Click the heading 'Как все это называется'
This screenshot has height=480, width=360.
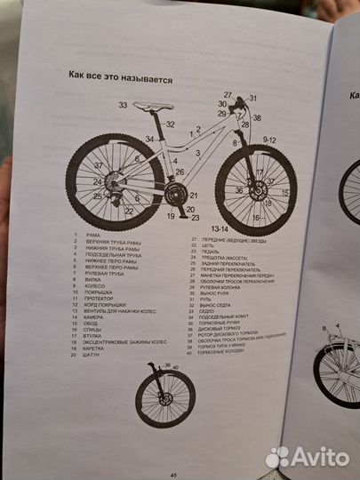pos(120,77)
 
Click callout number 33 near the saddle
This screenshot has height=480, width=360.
pos(123,105)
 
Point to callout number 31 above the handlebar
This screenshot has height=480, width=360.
pos(252,98)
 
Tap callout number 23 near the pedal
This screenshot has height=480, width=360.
pos(196,217)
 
